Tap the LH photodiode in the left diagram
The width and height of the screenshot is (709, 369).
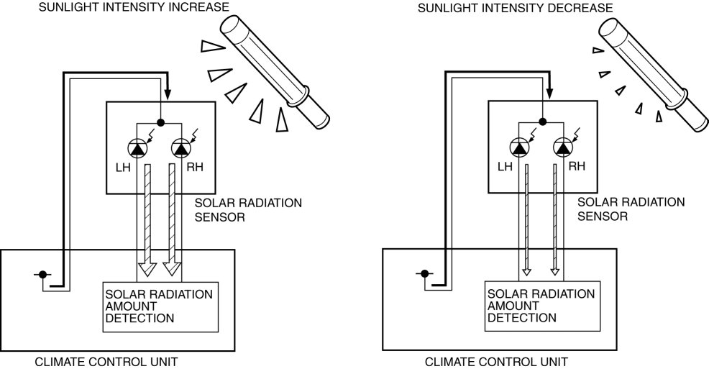137,148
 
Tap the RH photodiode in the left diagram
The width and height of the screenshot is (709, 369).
180,148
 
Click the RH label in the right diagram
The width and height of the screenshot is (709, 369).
577,166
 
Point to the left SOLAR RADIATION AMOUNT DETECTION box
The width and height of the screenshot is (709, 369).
160,306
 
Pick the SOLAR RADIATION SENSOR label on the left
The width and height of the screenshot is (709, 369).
248,210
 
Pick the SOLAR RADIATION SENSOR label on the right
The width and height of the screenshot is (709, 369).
631,209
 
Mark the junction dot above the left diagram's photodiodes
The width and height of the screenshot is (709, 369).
161,122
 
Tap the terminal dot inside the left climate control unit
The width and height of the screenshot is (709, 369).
43,274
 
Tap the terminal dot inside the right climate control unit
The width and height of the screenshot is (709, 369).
425,273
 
